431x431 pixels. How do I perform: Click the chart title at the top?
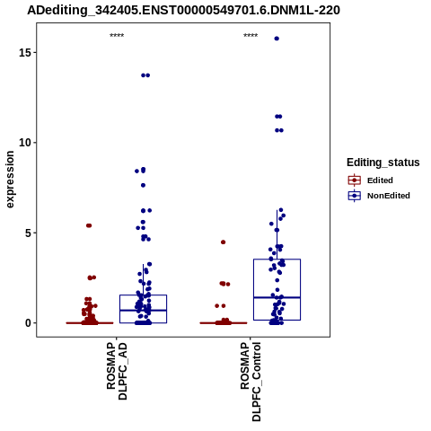coord(183,11)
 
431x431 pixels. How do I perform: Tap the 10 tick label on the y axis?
coord(24,143)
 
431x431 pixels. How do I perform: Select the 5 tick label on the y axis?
coord(28,233)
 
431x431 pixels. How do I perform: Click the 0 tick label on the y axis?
coord(28,323)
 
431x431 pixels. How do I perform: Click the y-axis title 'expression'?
coord(10,180)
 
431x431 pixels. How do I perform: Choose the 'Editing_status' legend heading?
coord(383,163)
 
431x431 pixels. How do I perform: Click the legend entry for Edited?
coord(371,180)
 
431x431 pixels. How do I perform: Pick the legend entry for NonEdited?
coord(379,196)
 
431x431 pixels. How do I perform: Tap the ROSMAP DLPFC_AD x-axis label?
coord(117,371)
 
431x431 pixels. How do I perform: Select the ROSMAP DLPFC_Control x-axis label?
coord(251,382)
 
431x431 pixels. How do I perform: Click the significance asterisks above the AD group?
coord(117,36)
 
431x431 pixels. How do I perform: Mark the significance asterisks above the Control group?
coord(251,36)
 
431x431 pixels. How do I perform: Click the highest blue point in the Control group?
coord(277,39)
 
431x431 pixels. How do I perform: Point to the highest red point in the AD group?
coord(89,225)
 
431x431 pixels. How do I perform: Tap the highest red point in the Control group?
coord(223,242)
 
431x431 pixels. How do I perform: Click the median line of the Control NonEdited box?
coord(277,297)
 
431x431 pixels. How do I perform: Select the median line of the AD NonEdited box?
coord(143,310)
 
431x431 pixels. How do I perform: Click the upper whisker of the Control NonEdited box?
coord(277,234)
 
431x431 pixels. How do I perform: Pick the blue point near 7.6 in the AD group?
coord(143,185)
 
